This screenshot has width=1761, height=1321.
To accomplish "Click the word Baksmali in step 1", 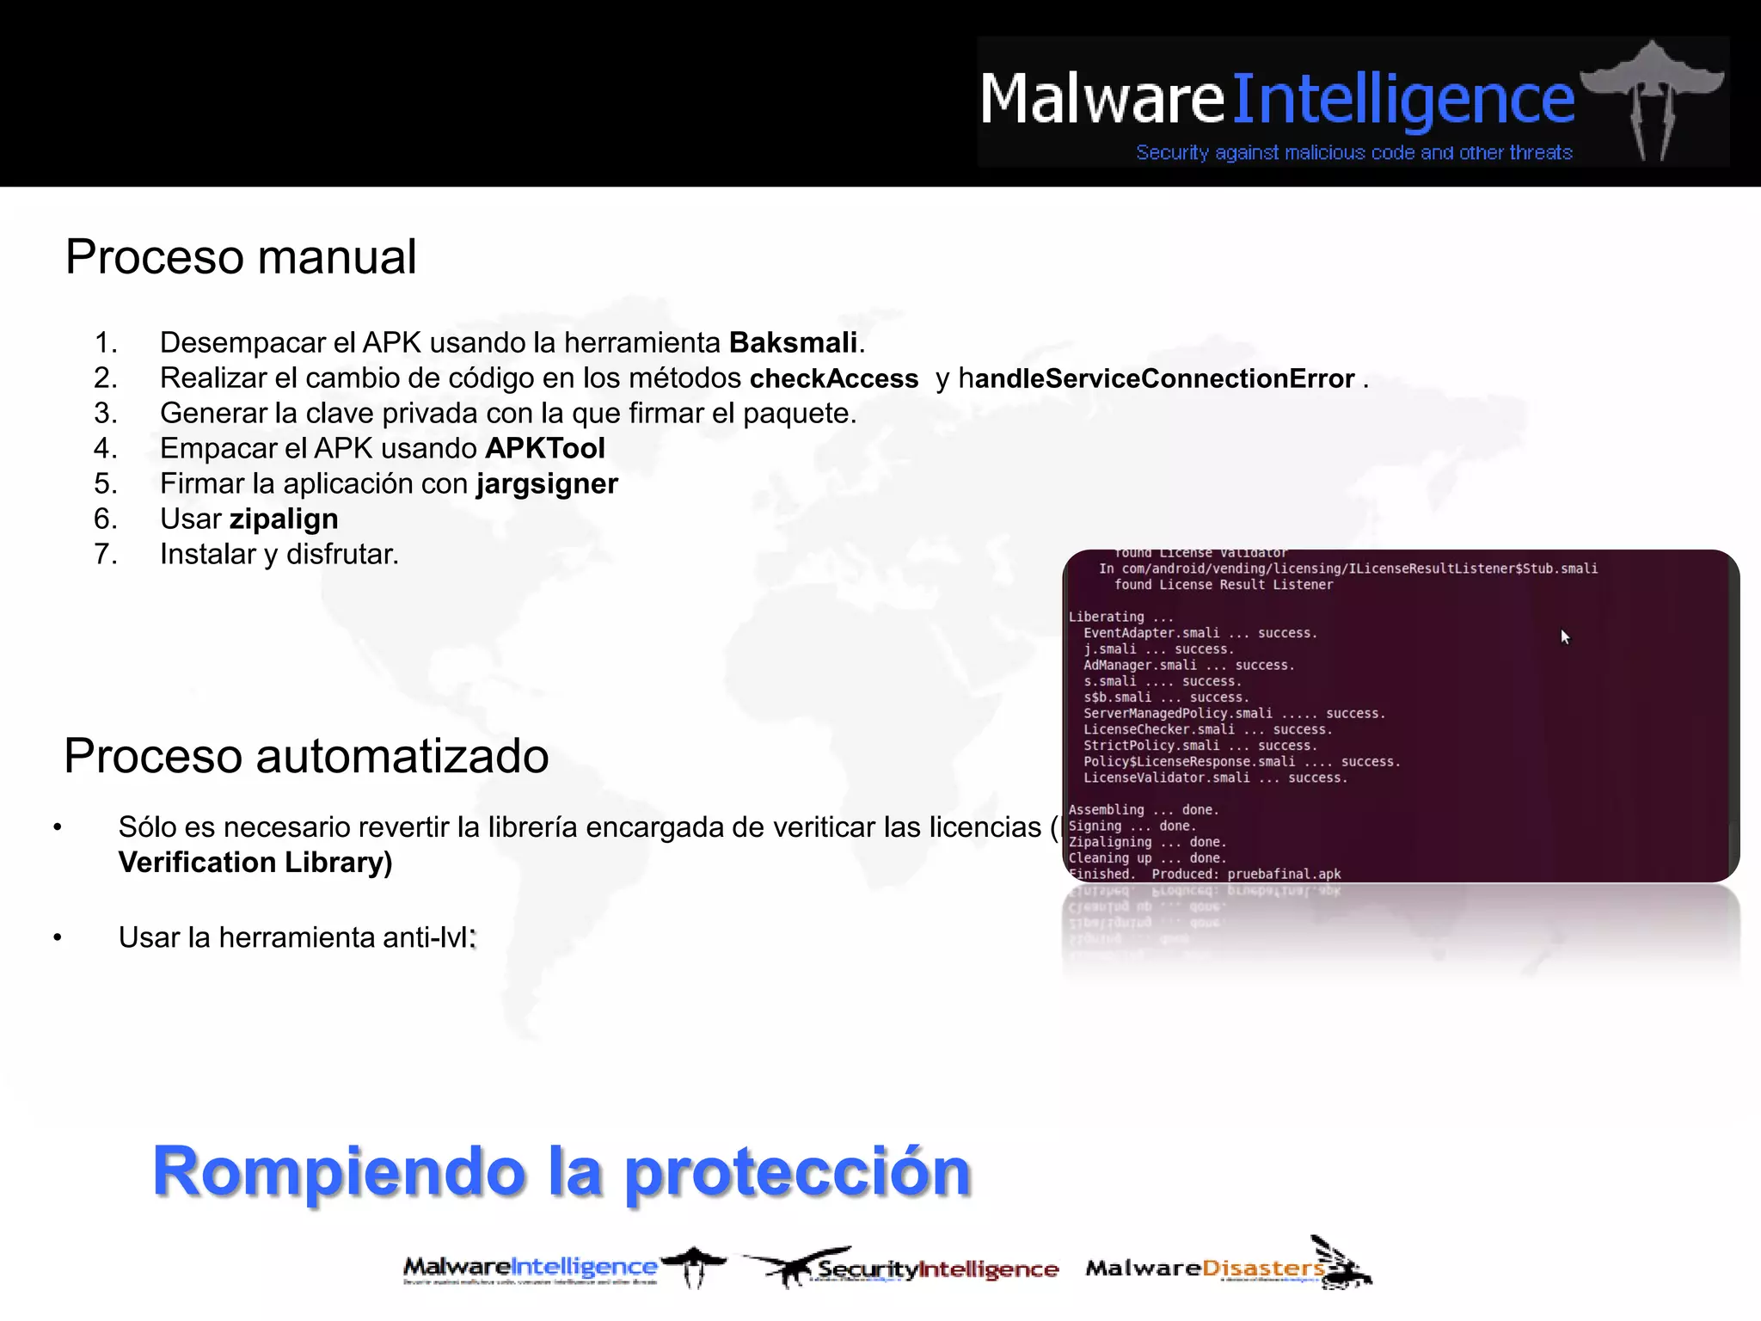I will point(793,343).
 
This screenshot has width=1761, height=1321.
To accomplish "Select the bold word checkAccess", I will point(833,378).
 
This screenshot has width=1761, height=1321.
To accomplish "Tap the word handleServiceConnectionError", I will point(1157,378).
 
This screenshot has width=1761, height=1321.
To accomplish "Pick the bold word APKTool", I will point(545,449).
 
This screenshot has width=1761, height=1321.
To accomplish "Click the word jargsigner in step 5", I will point(547,484).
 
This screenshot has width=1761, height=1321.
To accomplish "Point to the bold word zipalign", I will point(284,519).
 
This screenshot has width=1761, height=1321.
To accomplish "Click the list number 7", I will point(106,555).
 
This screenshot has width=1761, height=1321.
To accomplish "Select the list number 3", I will point(106,414).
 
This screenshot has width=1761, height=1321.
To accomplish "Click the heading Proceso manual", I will point(241,257).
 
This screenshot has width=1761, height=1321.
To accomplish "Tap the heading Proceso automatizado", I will point(306,756).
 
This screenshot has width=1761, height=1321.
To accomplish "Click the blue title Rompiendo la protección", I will point(561,1171).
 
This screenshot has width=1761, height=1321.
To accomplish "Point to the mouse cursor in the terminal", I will point(1565,636).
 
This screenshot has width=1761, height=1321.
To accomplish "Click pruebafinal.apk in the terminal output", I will point(1284,874).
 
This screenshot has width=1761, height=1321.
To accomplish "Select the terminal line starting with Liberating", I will point(1120,617).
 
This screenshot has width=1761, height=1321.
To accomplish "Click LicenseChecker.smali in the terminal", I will point(1158,729).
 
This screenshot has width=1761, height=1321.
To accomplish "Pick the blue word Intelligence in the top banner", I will point(1403,100).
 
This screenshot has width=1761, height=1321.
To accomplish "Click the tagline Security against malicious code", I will point(1353,153).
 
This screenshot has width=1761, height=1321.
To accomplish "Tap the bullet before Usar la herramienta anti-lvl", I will point(58,937).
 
